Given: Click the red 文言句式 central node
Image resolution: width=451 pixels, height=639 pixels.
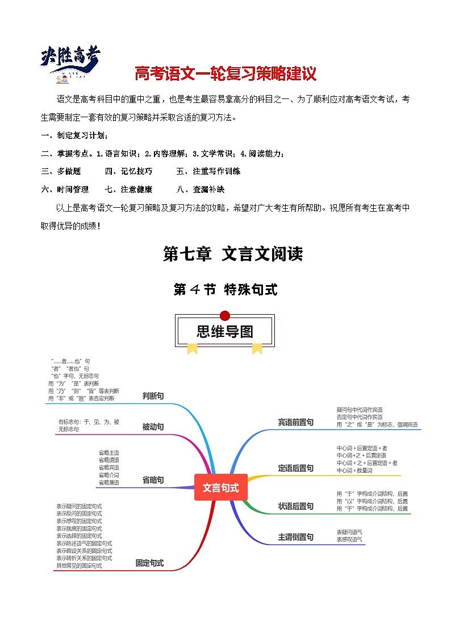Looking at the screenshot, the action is (x=221, y=488).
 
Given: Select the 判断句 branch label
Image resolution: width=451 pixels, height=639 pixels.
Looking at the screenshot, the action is (x=153, y=396).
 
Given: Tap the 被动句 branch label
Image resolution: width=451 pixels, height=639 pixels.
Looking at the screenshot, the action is (x=153, y=427).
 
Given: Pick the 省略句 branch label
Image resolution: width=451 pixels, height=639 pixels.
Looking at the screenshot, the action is (x=153, y=480).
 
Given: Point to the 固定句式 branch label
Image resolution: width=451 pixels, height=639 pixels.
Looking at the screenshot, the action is (x=149, y=563).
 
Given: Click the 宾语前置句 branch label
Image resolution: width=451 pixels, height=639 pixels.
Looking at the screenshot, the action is (x=295, y=422).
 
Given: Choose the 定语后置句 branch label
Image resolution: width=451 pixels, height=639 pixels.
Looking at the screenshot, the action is (x=295, y=468).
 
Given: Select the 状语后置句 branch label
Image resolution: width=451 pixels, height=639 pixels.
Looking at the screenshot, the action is (x=295, y=506).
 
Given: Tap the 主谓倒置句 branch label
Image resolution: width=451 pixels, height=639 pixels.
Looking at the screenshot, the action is (x=295, y=537).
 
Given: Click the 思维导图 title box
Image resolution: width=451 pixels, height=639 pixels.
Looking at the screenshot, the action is (x=225, y=331).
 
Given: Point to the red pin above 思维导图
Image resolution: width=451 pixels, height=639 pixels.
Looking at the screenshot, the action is (x=225, y=316).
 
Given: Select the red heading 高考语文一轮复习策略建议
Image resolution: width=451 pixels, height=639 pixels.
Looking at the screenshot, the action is (x=225, y=74).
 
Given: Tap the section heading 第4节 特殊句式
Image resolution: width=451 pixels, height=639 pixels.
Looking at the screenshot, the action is (x=225, y=289).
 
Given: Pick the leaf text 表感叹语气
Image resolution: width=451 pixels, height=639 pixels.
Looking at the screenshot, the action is (x=349, y=539).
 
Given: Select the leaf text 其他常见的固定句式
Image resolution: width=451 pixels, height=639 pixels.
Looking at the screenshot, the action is (x=79, y=566).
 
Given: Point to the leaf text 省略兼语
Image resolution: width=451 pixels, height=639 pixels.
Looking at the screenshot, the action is (x=108, y=483).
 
